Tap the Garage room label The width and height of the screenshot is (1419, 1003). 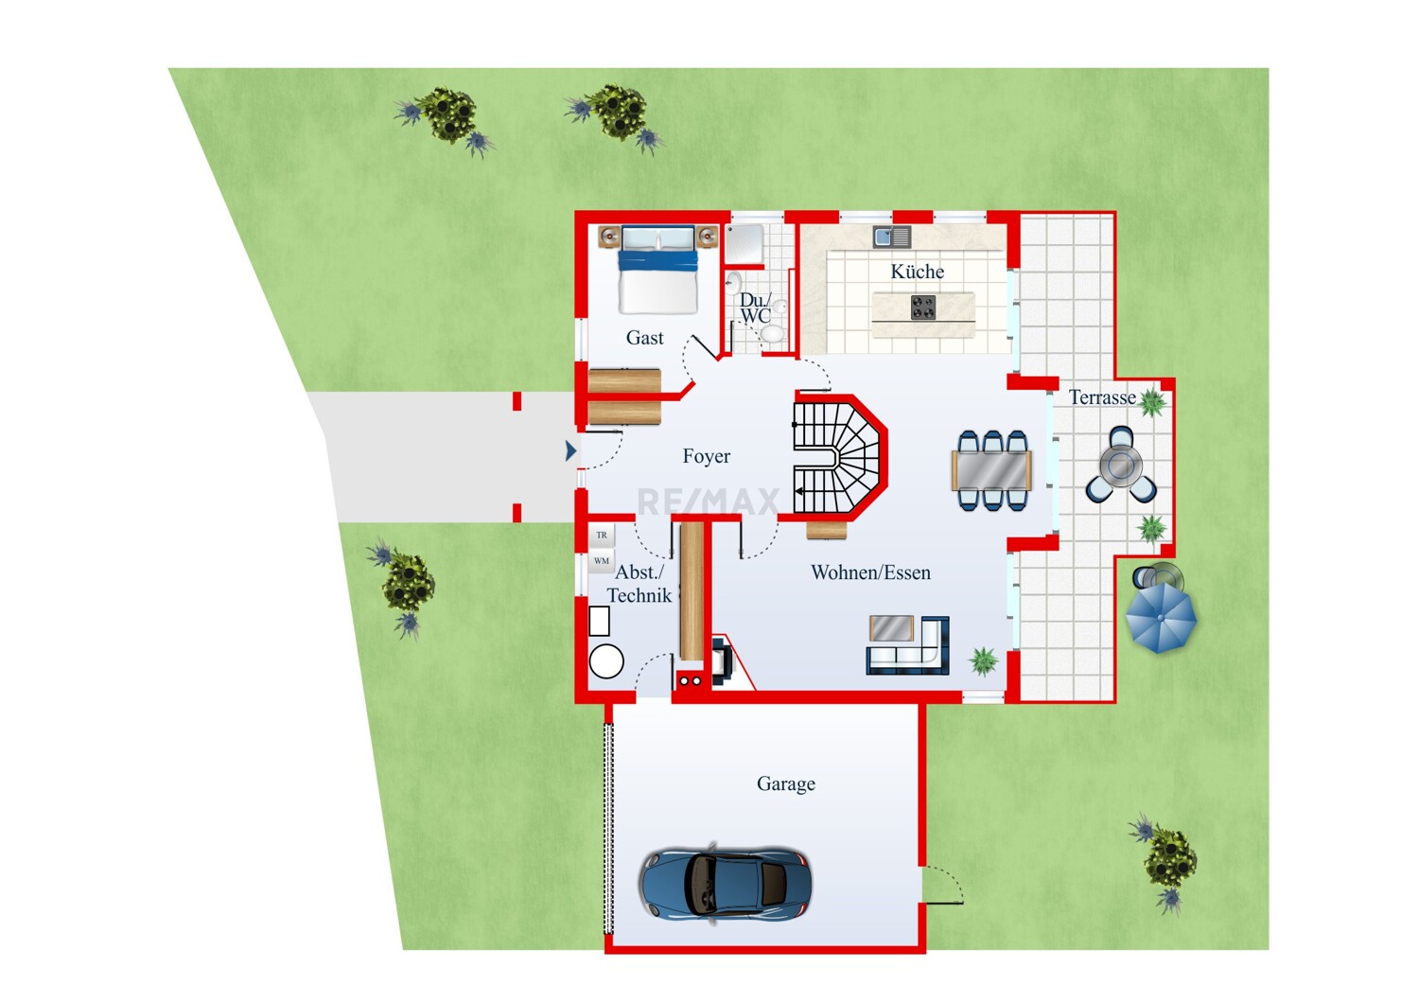(785, 783)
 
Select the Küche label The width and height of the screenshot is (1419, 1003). (918, 272)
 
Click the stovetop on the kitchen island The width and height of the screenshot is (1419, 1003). (923, 308)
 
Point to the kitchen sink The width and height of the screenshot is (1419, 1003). (892, 237)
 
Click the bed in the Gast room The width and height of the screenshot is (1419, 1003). (658, 270)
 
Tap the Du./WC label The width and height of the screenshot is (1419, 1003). (756, 308)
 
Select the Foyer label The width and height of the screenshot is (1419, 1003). (707, 455)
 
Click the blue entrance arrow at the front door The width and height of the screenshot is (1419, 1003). (570, 451)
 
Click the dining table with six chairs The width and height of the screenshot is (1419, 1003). (992, 470)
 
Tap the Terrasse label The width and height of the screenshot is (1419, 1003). (1102, 397)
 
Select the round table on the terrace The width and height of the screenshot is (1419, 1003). (1121, 466)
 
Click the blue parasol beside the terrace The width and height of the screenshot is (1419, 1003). (1161, 618)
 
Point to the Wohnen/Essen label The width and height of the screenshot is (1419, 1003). (870, 572)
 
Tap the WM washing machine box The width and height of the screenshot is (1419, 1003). (601, 561)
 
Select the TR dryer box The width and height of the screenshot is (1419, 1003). (601, 536)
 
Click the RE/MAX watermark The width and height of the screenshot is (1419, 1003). (708, 502)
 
